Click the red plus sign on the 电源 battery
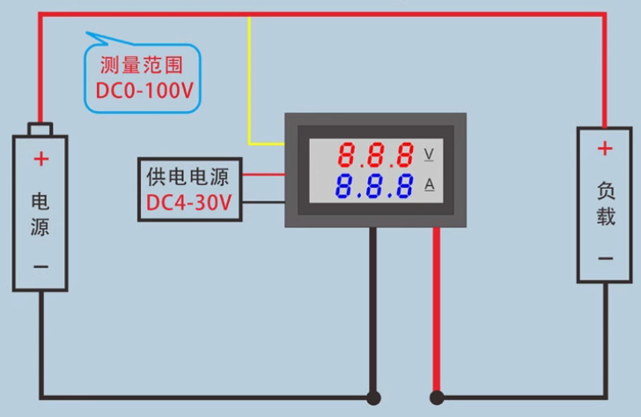point(41,159)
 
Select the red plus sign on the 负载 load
point(605,149)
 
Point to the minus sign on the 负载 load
point(605,258)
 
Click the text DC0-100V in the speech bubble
point(144,91)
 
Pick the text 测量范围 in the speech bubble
point(142,65)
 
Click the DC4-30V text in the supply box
point(188,204)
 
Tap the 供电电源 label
point(188,176)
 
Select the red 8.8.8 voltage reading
point(376,156)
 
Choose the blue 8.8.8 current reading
point(376,186)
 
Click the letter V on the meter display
point(430,154)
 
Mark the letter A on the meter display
point(430,184)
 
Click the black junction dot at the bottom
point(373,398)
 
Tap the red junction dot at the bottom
point(436,398)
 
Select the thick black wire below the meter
point(373,309)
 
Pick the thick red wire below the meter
point(436,309)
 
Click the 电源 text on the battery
point(41,213)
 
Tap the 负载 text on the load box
point(605,204)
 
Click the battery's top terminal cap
point(41,130)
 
